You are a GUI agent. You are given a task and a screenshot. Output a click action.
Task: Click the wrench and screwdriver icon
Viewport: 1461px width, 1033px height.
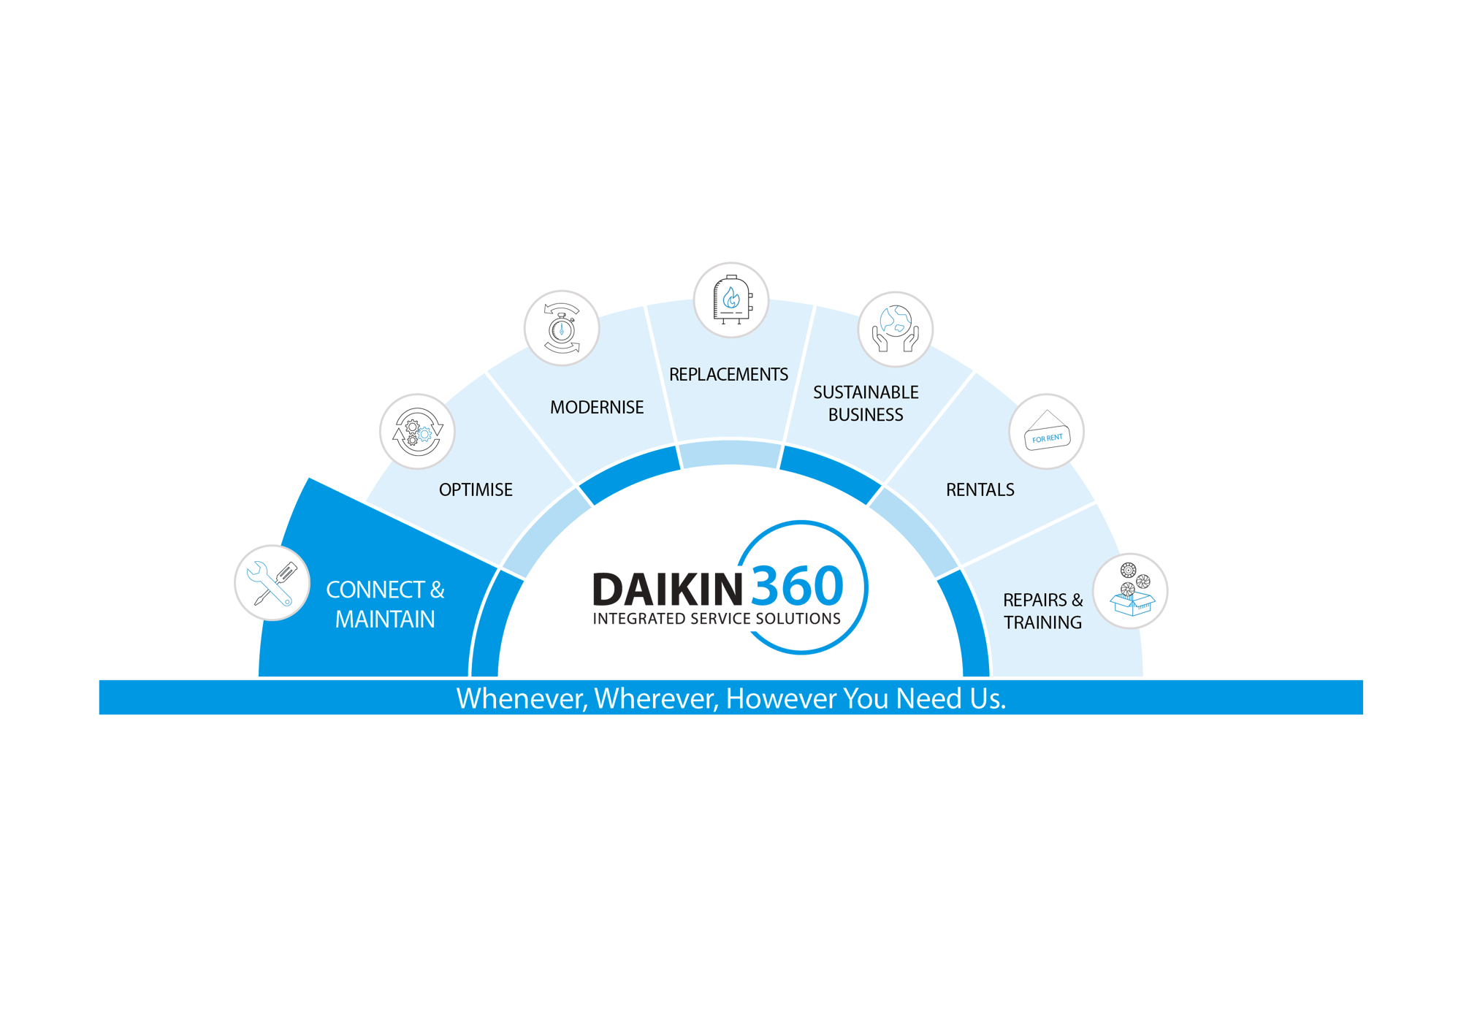click(x=271, y=583)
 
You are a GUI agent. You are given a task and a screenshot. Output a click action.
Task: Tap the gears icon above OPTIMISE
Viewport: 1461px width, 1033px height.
click(x=416, y=431)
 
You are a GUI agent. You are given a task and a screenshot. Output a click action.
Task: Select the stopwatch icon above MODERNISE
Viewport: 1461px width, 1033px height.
click(x=561, y=328)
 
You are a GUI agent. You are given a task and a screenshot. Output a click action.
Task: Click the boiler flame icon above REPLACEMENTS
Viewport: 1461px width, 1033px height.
click(x=730, y=300)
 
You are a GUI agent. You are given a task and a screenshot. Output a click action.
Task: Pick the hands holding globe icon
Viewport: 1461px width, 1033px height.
click(x=895, y=329)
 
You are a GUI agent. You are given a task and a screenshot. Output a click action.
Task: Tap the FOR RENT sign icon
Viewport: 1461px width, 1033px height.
click(x=1046, y=432)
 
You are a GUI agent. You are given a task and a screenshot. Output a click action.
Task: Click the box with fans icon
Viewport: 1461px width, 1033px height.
click(x=1130, y=590)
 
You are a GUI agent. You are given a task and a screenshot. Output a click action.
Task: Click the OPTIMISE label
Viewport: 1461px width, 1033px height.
click(x=476, y=489)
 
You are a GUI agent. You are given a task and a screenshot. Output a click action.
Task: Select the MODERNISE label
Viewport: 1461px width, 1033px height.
click(x=597, y=407)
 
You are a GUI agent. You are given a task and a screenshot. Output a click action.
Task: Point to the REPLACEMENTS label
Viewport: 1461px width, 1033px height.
click(x=728, y=374)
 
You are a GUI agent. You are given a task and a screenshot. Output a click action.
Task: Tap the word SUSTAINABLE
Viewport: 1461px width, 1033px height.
click(x=866, y=392)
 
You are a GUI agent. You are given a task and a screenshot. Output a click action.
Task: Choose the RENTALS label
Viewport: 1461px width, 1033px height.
click(x=980, y=489)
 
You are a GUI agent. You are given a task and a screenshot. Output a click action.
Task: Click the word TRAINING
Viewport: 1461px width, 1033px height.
click(x=1042, y=622)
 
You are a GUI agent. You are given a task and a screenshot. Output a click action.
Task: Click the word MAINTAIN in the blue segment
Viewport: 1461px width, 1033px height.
click(x=385, y=620)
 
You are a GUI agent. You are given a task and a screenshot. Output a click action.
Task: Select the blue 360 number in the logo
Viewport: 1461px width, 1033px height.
click(x=797, y=586)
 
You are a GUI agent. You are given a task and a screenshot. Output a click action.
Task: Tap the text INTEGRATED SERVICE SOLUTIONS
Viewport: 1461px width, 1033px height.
click(x=717, y=619)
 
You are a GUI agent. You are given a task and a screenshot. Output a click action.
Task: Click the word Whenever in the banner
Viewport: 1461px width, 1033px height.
click(x=522, y=698)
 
